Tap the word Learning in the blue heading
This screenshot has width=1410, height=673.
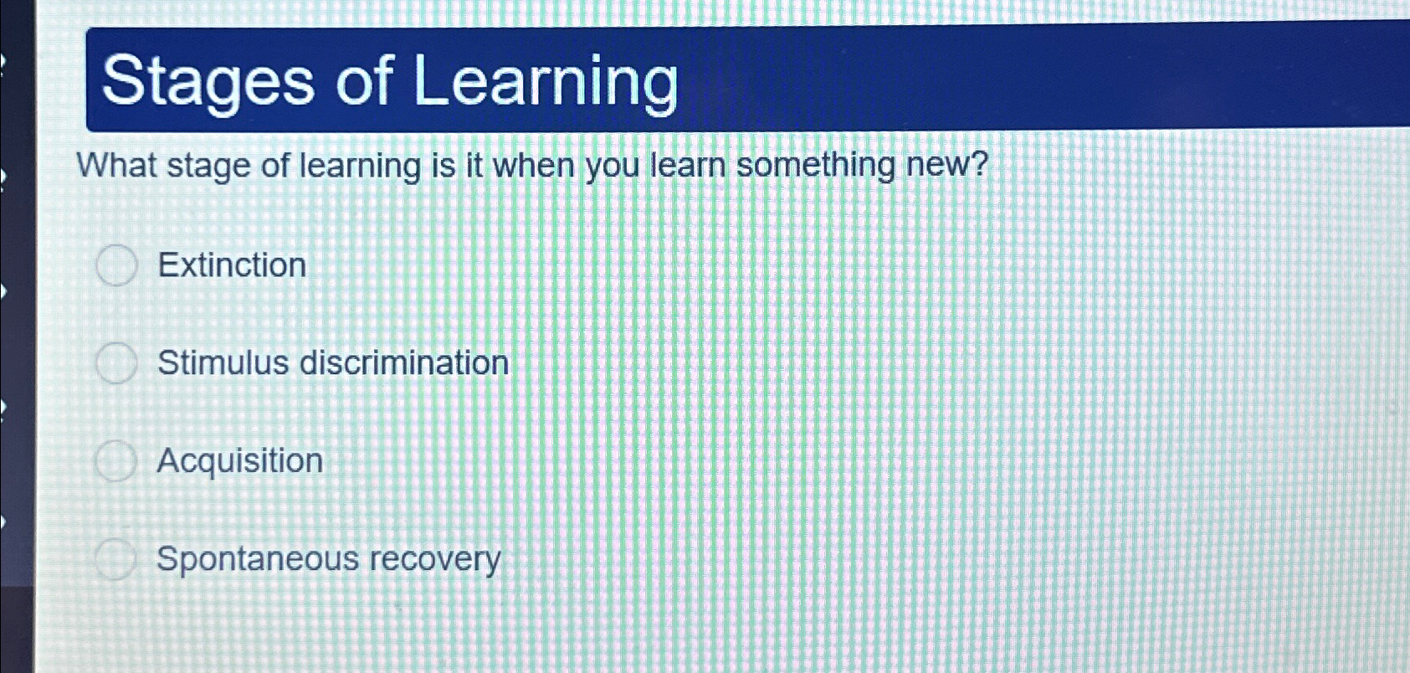tap(545, 82)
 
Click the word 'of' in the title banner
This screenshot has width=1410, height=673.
tap(364, 82)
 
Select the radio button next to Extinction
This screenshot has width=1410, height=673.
tap(116, 265)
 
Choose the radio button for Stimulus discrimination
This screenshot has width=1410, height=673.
tap(115, 363)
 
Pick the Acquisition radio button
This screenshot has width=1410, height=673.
tap(115, 461)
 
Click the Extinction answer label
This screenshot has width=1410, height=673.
tap(232, 265)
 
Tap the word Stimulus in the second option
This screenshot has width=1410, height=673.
tap(223, 363)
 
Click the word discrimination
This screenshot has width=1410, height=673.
tap(404, 363)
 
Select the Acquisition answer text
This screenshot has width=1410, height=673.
tap(239, 461)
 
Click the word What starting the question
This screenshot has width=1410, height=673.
tap(116, 165)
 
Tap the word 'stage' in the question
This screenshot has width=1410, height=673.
tap(208, 166)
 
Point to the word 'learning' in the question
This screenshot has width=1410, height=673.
tap(360, 166)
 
